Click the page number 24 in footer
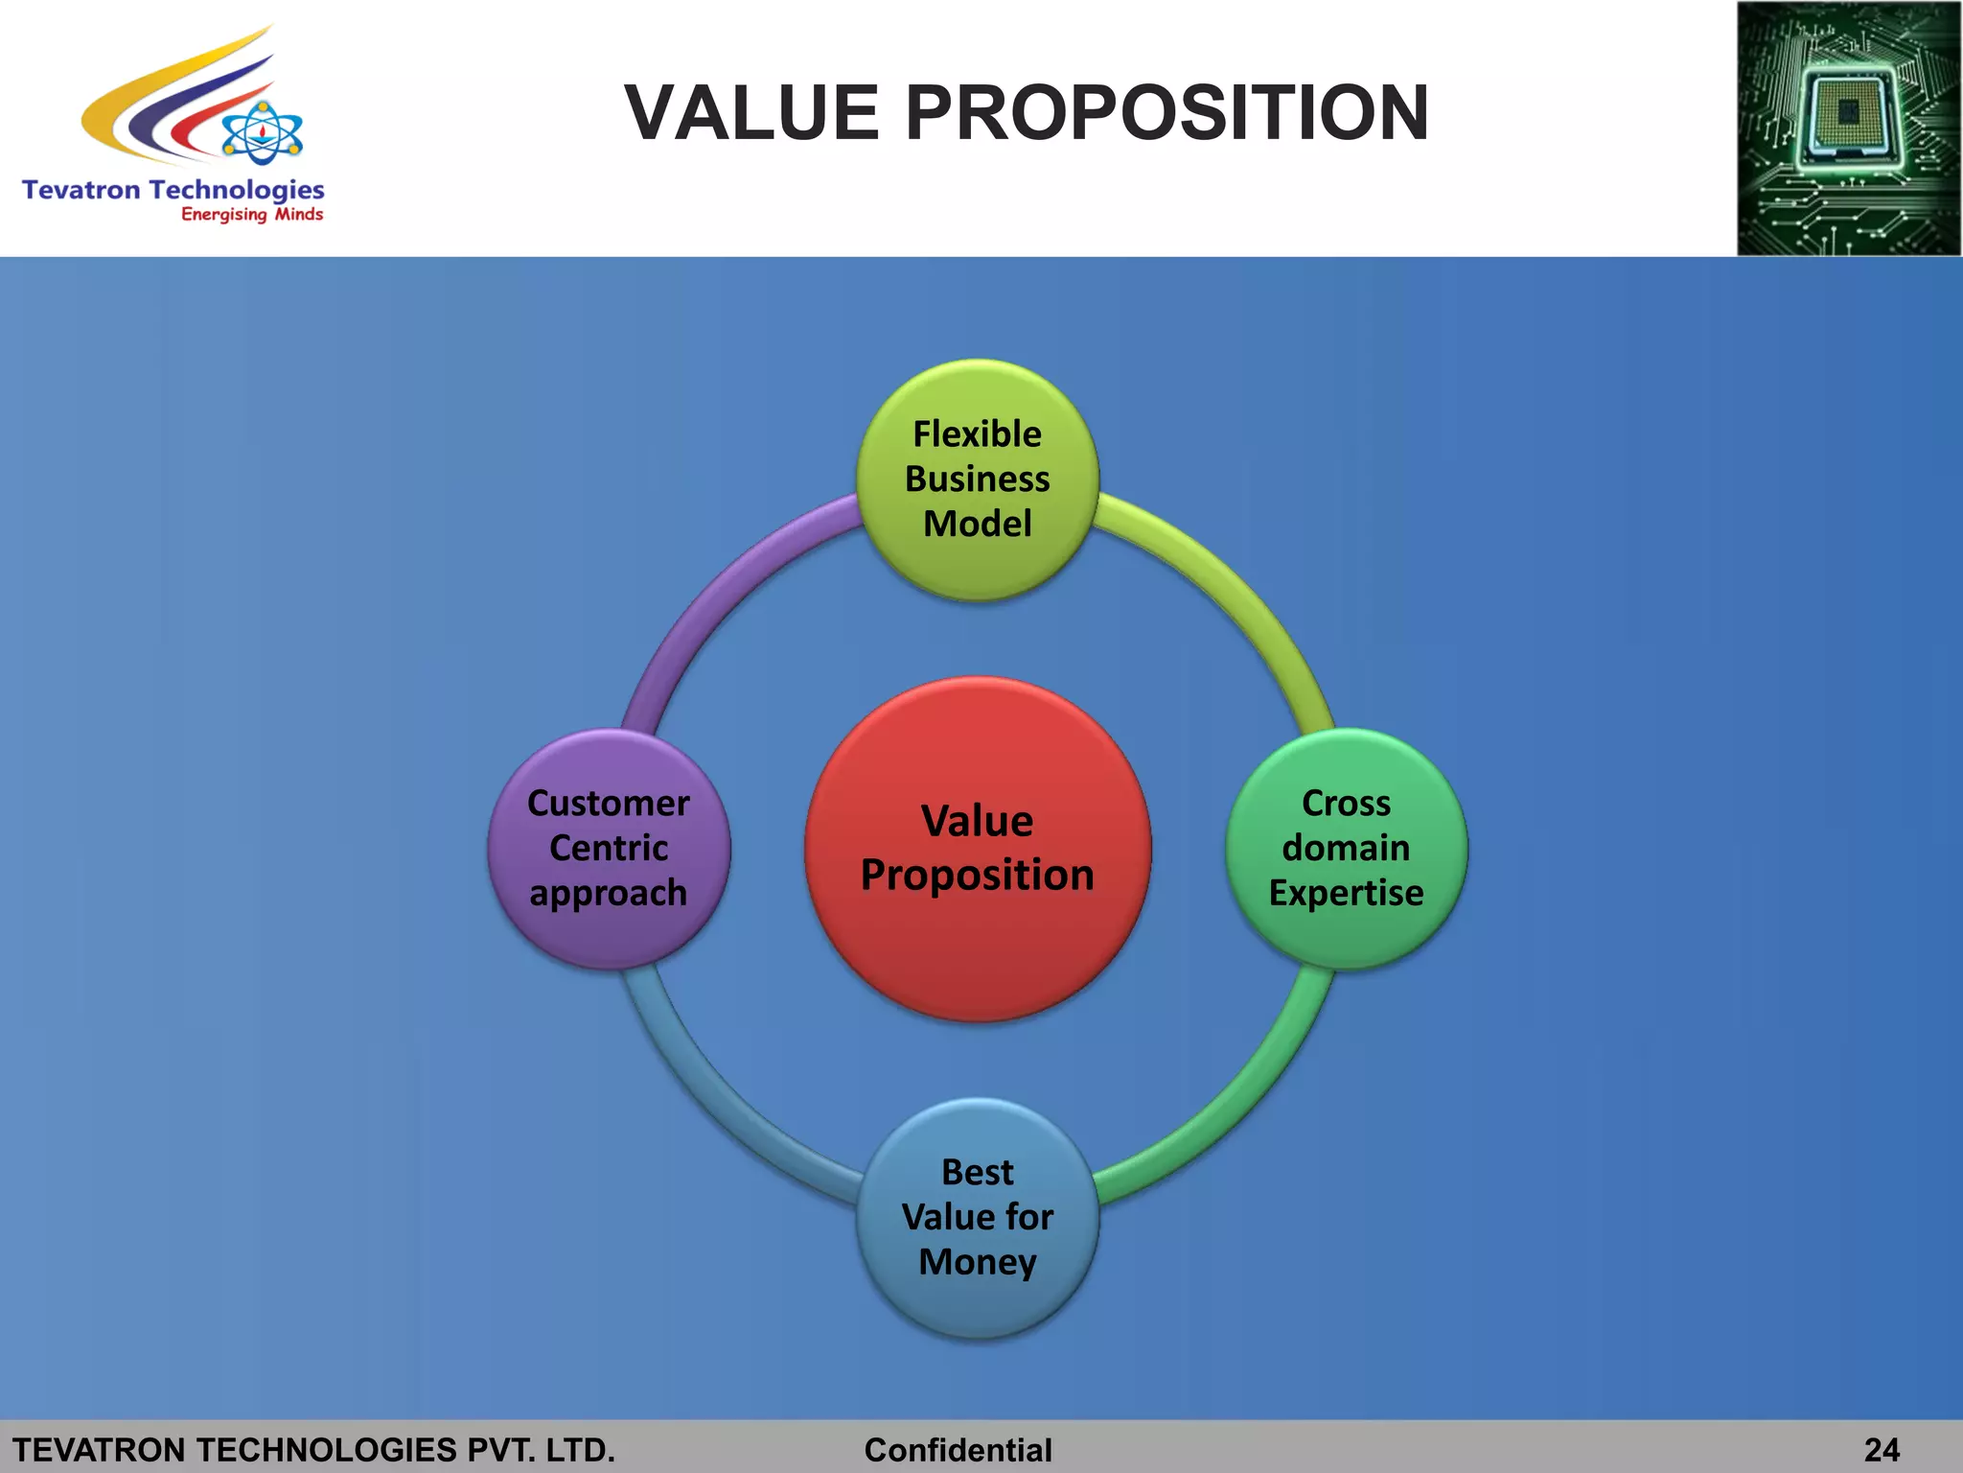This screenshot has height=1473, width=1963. point(1882,1449)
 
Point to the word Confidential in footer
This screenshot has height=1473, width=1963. point(958,1449)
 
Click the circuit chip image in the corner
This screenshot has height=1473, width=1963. point(1848,129)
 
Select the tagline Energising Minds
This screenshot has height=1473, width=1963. point(252,215)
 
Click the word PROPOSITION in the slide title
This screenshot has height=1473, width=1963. point(1166,112)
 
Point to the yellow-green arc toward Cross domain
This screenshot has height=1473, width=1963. point(1236,585)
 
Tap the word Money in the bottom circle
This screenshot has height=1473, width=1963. point(978,1262)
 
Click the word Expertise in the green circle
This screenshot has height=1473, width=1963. point(1347,893)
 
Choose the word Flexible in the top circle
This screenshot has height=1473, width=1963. point(978,434)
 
